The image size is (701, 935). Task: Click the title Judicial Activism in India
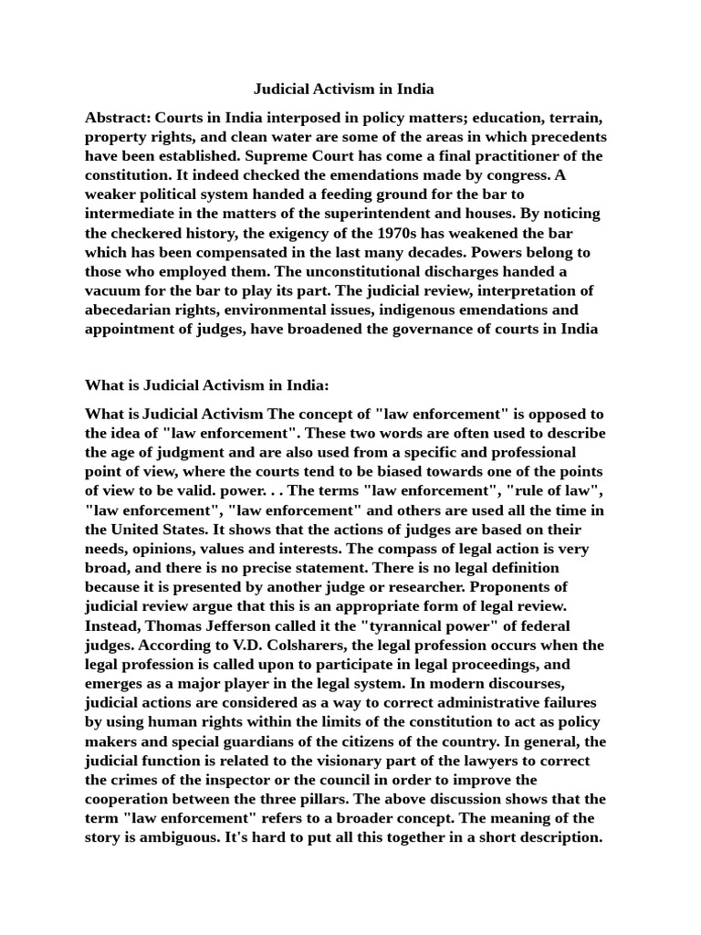(x=343, y=89)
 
